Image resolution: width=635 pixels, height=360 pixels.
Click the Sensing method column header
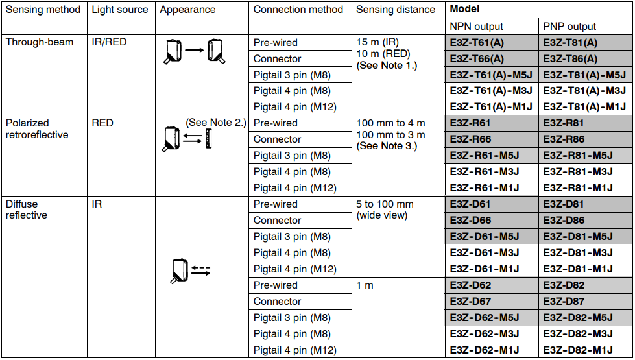tap(43, 10)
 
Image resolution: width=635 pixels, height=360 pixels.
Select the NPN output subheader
tap(476, 27)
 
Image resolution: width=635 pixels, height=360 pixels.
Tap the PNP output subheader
tap(569, 27)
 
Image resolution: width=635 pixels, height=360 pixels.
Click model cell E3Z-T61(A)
tap(477, 43)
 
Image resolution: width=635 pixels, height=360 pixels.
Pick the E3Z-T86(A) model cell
tap(570, 59)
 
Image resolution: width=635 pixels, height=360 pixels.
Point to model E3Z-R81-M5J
tap(578, 156)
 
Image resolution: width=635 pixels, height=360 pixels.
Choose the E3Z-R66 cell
tap(470, 139)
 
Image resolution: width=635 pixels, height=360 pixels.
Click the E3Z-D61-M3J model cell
tap(485, 253)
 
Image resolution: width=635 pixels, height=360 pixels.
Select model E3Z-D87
tap(564, 301)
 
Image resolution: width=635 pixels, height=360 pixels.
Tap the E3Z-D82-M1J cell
tap(578, 350)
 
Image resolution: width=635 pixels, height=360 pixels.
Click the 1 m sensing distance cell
tap(365, 285)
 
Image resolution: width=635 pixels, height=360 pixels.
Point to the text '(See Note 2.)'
tap(216, 123)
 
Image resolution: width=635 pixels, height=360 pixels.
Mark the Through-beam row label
tap(40, 42)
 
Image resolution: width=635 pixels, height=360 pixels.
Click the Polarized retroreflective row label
tap(37, 129)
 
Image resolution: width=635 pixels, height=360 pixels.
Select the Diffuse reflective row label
tap(27, 210)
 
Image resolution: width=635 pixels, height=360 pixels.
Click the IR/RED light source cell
tap(109, 42)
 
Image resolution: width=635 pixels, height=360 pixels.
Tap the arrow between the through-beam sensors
tap(195, 50)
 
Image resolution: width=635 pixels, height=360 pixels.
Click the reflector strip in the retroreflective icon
tap(208, 139)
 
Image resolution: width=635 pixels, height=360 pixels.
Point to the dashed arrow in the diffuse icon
tap(201, 268)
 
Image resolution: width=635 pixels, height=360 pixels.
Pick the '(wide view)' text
tap(381, 215)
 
